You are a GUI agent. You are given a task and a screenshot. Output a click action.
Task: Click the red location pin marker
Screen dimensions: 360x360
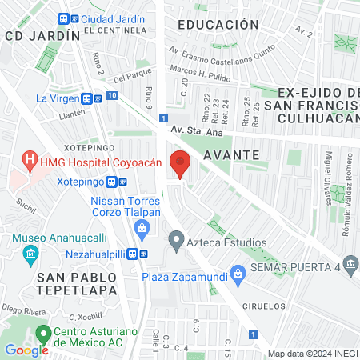180,163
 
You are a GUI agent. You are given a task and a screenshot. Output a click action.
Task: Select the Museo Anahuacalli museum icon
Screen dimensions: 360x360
31,256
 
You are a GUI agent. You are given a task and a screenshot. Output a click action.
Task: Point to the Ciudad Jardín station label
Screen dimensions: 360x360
108,19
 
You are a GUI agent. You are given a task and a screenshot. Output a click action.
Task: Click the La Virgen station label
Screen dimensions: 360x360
57,98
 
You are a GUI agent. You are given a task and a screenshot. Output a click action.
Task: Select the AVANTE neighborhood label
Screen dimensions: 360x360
230,154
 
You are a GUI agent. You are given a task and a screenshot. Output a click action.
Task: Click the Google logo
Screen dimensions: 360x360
26,350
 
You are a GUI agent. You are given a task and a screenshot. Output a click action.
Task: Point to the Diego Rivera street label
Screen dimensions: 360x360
22,308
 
